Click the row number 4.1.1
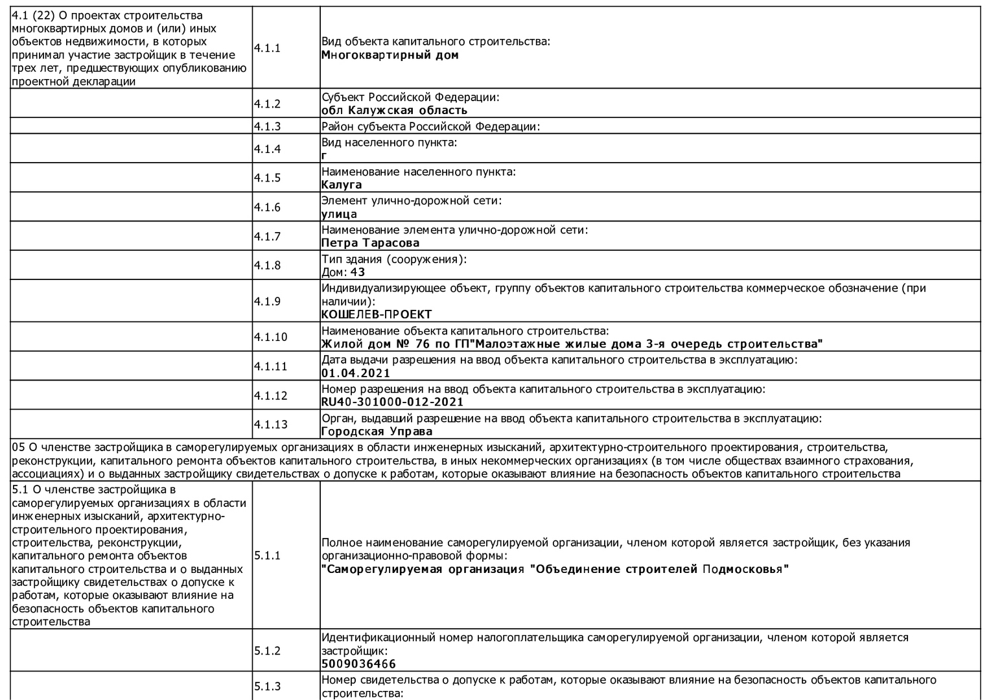pos(267,48)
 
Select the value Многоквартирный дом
pos(390,55)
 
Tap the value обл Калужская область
pos(394,110)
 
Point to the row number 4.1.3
pos(267,126)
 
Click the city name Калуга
pos(342,185)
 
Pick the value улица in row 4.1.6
pos(339,214)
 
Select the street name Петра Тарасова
pos(370,243)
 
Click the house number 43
pos(358,272)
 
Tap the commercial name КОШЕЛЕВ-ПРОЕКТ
pos(376,315)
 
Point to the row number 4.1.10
pos(270,337)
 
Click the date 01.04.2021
pos(356,373)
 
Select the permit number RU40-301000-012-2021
pos(392,402)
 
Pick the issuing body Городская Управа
pos(377,432)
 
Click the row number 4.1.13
pos(270,425)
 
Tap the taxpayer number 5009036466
pos(358,664)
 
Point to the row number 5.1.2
pos(267,651)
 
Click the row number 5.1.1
pos(267,555)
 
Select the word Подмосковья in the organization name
pos(745,570)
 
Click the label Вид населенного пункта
pos(389,142)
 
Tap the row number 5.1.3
pos(267,686)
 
